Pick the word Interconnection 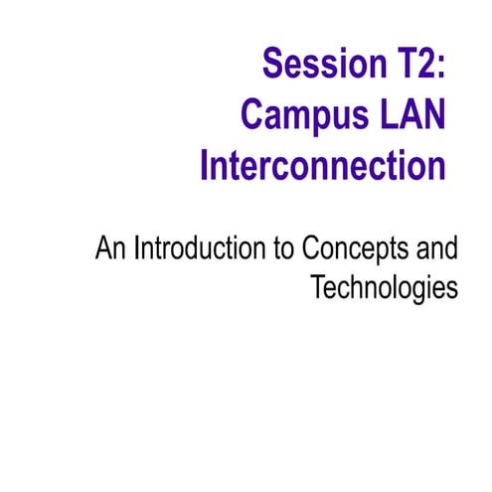pyautogui.click(x=322, y=165)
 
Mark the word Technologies pyautogui.click(x=383, y=287)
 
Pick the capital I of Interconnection pyautogui.click(x=205, y=165)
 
